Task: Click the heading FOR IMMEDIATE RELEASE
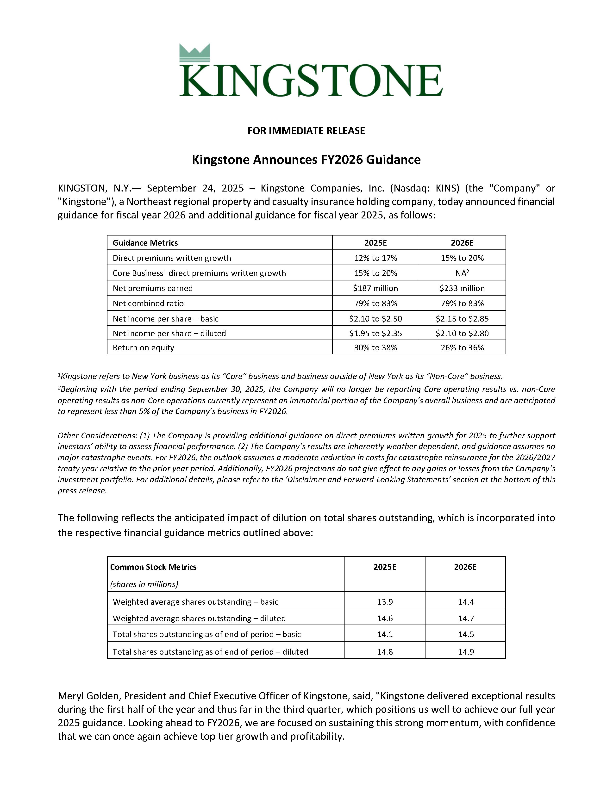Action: coord(306,131)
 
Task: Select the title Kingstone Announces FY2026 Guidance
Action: coord(306,160)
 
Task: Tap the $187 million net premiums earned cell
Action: coord(375,288)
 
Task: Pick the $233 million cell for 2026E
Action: coord(462,288)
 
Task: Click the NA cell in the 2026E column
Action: coord(462,273)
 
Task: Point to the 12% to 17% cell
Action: coord(375,258)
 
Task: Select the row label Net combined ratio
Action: coord(148,304)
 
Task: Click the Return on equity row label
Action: coord(144,348)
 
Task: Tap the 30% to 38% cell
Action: coord(375,348)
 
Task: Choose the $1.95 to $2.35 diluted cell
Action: coord(375,333)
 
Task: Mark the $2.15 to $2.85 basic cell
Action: coord(462,319)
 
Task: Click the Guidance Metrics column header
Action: coord(145,243)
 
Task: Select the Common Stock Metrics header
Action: coord(153,567)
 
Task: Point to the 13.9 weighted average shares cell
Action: coord(385,602)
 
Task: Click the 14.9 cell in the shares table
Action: coord(466,652)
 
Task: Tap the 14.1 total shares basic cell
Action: coord(385,634)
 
